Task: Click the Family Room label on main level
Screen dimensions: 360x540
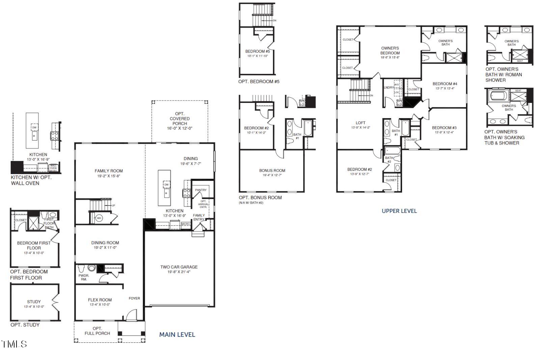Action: [109, 171]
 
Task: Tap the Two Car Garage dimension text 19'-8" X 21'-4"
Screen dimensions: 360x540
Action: [179, 272]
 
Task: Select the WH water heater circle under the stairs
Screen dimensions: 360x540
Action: [99, 218]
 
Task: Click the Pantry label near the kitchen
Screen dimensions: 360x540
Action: [201, 190]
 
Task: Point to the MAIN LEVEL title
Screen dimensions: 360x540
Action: [177, 335]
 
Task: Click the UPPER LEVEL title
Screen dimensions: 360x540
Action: [399, 211]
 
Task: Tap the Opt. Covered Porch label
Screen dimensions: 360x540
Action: [180, 119]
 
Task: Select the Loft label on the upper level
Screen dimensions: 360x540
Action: [360, 123]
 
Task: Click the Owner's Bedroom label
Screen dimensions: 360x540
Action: [390, 51]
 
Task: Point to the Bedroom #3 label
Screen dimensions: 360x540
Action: [444, 128]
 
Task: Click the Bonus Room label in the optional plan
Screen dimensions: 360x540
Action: [272, 170]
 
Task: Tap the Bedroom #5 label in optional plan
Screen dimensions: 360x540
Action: [258, 51]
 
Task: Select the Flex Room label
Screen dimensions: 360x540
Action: [100, 300]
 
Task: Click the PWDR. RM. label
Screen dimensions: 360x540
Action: [83, 277]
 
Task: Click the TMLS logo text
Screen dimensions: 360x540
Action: [14, 344]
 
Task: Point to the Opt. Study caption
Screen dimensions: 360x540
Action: [25, 325]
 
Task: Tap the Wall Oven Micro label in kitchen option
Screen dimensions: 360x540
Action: [53, 168]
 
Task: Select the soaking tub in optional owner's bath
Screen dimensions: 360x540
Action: [498, 95]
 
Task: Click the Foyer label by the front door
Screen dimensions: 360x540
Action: [134, 298]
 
